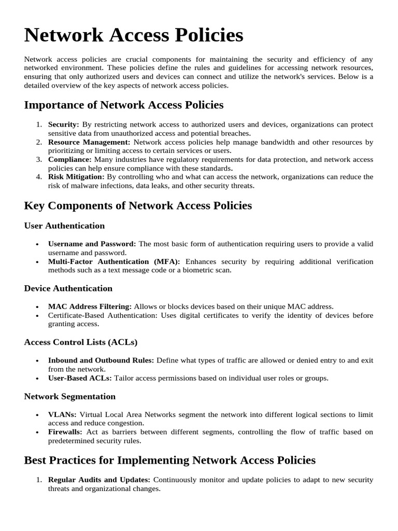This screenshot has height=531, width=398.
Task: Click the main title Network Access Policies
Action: pos(134,35)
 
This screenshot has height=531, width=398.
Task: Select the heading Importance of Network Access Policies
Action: pos(124,105)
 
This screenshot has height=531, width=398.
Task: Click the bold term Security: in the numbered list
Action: pos(64,125)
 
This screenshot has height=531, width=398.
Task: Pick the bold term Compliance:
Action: pos(70,159)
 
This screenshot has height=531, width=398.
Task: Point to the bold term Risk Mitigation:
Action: pos(76,177)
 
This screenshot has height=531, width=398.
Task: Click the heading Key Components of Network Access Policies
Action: pos(138,205)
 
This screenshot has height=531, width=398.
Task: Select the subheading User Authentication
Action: pos(64,226)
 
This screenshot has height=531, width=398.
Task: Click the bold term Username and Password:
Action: pos(92,244)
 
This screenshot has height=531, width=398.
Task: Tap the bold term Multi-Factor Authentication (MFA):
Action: pos(114,261)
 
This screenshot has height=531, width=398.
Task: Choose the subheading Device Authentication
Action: pos(68,288)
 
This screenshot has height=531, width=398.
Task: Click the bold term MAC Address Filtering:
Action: pos(90,306)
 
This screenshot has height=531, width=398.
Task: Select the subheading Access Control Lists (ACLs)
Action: pos(81,342)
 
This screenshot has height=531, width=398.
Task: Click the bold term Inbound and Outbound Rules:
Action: pos(101,360)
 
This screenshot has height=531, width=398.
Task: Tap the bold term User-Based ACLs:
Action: pos(80,378)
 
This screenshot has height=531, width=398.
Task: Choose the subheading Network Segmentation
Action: pos(70,397)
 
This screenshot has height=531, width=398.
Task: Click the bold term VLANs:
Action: pos(62,415)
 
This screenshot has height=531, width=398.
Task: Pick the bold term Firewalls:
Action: pos(65,432)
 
